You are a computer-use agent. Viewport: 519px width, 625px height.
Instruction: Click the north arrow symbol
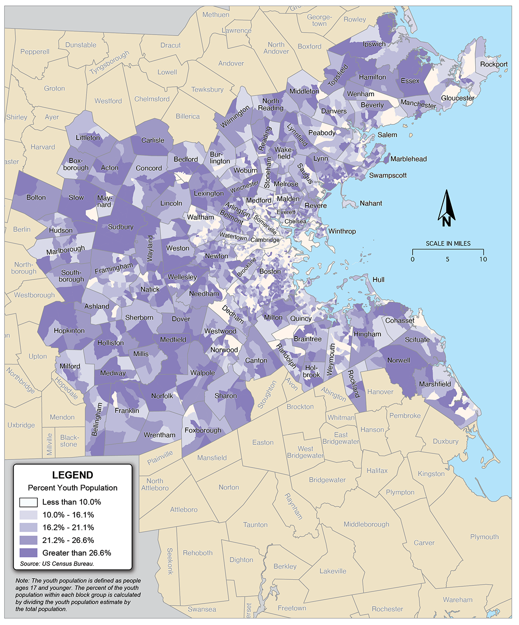(x=446, y=209)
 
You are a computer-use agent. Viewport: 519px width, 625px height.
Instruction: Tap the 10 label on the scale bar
(x=483, y=259)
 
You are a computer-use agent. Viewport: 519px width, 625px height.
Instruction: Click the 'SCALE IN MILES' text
(x=448, y=243)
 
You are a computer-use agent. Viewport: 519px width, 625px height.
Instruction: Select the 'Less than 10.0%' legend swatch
(x=28, y=502)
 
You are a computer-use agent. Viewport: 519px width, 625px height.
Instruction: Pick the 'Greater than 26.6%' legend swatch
(x=28, y=553)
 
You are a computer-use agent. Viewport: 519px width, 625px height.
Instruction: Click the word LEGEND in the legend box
(x=73, y=475)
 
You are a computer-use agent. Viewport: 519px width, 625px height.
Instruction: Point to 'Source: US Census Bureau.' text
(x=57, y=564)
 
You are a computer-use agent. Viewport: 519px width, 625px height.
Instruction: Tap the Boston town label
(x=270, y=271)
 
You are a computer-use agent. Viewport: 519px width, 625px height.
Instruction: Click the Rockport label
(x=494, y=64)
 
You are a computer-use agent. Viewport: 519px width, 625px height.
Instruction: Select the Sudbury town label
(x=121, y=227)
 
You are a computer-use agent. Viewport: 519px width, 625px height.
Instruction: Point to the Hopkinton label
(x=69, y=330)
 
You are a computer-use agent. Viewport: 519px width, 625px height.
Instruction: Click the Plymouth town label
(x=484, y=537)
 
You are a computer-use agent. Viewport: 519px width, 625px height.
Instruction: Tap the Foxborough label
(x=203, y=430)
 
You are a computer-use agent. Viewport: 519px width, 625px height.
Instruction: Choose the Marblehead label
(x=409, y=159)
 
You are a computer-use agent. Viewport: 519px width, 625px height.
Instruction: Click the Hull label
(x=378, y=279)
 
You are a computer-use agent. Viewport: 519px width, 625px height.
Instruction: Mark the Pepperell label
(x=35, y=52)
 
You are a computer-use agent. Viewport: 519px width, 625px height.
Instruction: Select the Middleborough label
(x=366, y=524)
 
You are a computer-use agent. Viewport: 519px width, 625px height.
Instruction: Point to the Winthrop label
(x=342, y=231)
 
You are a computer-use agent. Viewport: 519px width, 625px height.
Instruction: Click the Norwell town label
(x=399, y=360)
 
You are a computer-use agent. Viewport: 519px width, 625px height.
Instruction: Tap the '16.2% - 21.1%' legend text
(x=68, y=527)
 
